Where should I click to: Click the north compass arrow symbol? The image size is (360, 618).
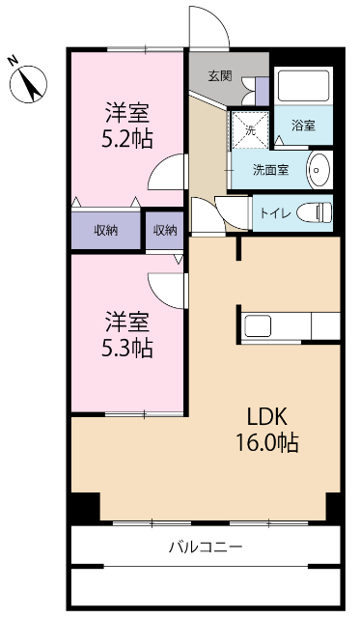(30, 84)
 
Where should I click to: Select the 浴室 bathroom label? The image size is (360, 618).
(306, 126)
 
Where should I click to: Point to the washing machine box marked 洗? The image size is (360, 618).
(248, 129)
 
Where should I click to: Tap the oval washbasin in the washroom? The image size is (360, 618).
(318, 170)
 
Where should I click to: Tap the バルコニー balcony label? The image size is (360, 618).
(206, 548)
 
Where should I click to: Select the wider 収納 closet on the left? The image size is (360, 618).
(106, 230)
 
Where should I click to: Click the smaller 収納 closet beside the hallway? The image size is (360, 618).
(165, 230)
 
